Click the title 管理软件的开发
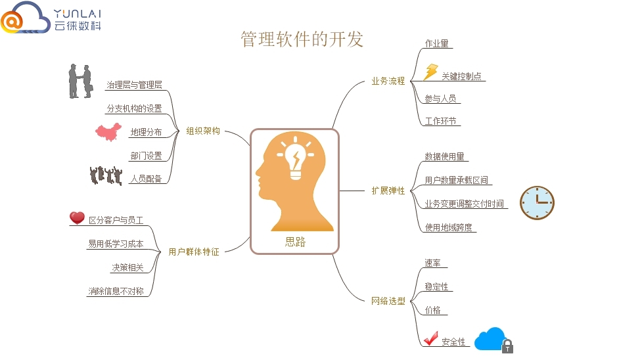pyautogui.click(x=302, y=39)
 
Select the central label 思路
pyautogui.click(x=295, y=242)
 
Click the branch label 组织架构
pyautogui.click(x=203, y=131)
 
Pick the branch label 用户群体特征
pyautogui.click(x=194, y=251)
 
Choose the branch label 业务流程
pyautogui.click(x=388, y=81)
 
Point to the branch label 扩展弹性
pyautogui.click(x=388, y=191)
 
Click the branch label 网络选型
pyautogui.click(x=388, y=302)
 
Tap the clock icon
pyautogui.click(x=537, y=202)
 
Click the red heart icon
pyautogui.click(x=78, y=218)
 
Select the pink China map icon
pyautogui.click(x=108, y=131)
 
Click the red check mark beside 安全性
pyautogui.click(x=431, y=339)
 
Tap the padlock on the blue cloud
pyautogui.click(x=507, y=346)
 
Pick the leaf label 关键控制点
pyautogui.click(x=461, y=76)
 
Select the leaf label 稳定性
pyautogui.click(x=436, y=287)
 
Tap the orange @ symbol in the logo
pyautogui.click(x=12, y=22)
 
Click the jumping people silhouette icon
pyautogui.click(x=106, y=175)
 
